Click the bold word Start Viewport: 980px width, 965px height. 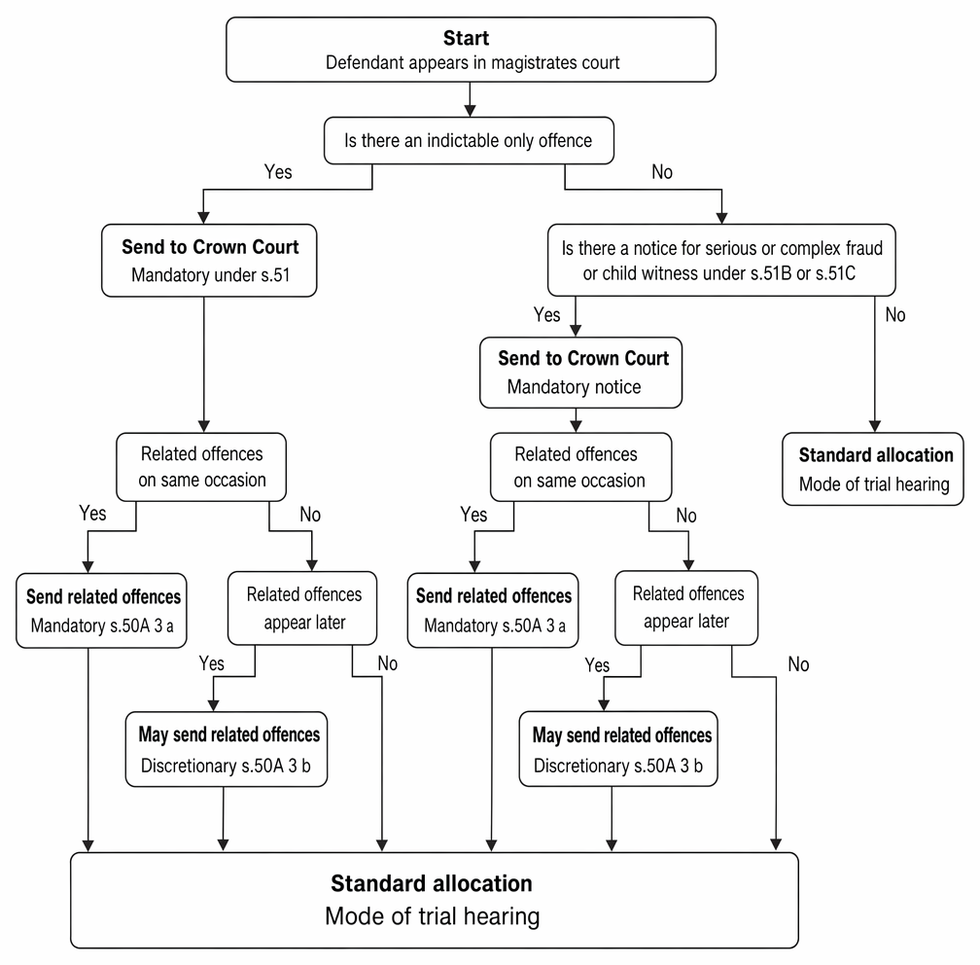pos(467,38)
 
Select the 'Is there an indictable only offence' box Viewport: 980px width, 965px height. pos(469,141)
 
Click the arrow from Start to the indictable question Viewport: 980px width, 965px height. pos(470,99)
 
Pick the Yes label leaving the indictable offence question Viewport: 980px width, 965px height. pos(278,172)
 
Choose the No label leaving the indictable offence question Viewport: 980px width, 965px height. pos(662,172)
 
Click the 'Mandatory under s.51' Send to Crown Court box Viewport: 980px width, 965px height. pos(209,260)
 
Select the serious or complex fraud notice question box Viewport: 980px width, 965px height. pos(721,260)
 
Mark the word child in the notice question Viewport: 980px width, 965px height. pos(620,274)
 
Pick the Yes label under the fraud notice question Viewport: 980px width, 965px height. pos(546,314)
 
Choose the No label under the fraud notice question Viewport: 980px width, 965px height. pos(895,314)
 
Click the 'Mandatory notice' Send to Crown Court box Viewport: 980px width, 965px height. pos(580,373)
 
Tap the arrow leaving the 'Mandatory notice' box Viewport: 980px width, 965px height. pos(576,420)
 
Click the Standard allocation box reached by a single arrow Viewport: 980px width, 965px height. pos(873,469)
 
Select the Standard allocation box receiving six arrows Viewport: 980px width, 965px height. pos(435,901)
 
